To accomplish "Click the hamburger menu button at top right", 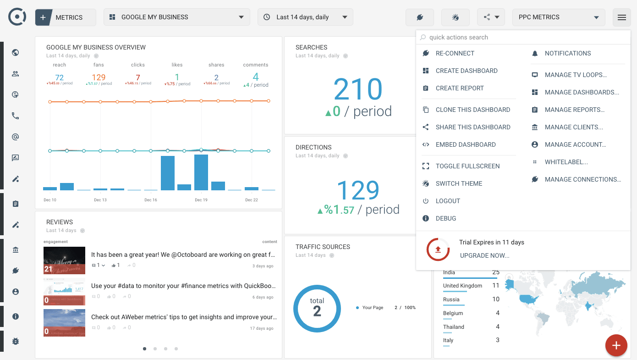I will tap(621, 17).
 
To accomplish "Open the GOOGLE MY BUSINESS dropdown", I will tap(177, 17).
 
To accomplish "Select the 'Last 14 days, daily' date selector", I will tap(305, 17).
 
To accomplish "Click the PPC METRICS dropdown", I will tap(558, 17).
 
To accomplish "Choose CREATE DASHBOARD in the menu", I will tap(466, 71).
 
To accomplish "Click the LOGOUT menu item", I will tap(447, 201).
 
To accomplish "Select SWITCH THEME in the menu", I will tap(458, 183).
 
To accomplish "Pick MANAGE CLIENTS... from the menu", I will tap(573, 127).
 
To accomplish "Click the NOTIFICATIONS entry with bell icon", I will tap(567, 53).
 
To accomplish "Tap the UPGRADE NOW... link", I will tap(484, 255).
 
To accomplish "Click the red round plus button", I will tap(616, 345).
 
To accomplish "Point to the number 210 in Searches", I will tap(357, 89).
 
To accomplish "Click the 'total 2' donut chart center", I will tap(317, 308).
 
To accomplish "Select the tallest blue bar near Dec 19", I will tap(201, 172).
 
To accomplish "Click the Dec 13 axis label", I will tap(100, 200).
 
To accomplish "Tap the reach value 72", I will tap(59, 78).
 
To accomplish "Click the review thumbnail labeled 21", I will tap(64, 260).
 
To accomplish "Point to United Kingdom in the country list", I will tap(462, 286).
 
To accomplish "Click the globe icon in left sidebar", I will tap(16, 52).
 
